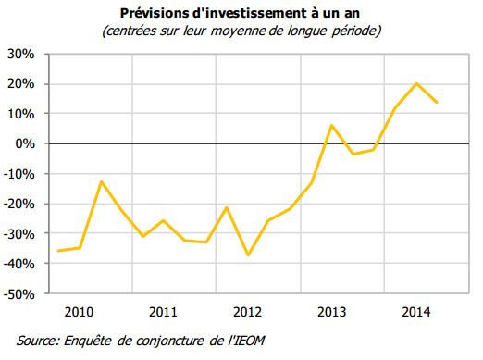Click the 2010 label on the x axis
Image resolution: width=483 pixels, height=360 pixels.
click(80, 311)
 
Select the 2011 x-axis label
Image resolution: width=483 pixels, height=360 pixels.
click(163, 311)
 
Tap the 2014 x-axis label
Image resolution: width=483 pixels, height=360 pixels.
click(415, 311)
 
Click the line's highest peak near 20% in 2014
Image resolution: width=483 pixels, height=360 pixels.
click(416, 83)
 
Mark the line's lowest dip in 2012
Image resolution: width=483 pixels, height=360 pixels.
click(248, 255)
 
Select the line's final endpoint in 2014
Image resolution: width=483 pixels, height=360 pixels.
click(437, 102)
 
